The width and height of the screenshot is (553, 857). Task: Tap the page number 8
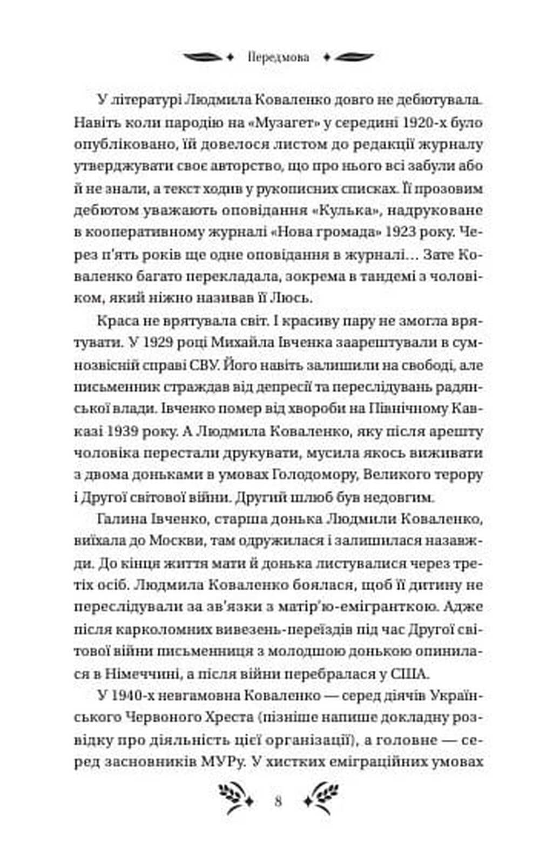coord(278,800)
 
